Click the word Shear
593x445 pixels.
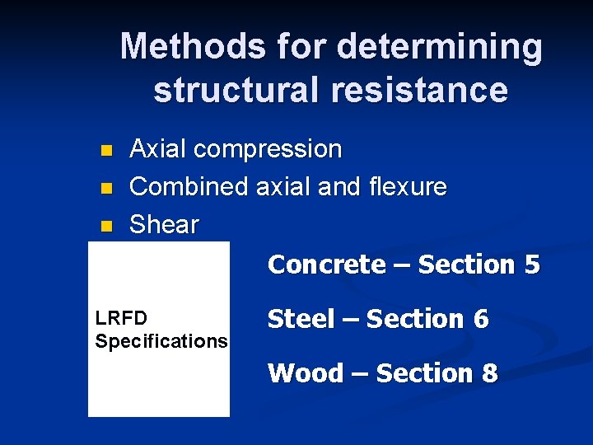coord(165,224)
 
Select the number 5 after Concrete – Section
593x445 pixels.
coord(530,265)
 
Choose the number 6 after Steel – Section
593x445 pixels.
coord(480,319)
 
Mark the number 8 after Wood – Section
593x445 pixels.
coord(489,373)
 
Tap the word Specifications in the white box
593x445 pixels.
coord(161,340)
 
